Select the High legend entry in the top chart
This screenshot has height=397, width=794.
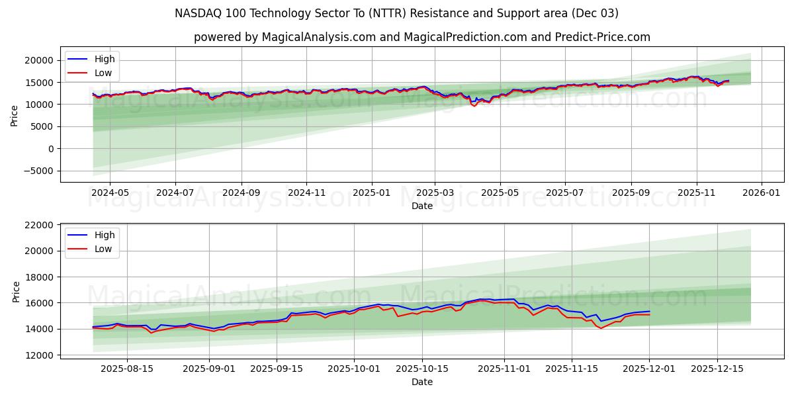coord(105,59)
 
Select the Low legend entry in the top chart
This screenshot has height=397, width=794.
coord(103,73)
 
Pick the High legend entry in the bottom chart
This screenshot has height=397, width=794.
coord(105,235)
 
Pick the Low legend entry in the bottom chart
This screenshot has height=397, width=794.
coord(103,249)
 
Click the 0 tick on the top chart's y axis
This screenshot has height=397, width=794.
coord(51,149)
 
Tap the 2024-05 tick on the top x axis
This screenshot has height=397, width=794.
coord(109,193)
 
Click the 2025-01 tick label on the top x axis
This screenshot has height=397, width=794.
coord(371,193)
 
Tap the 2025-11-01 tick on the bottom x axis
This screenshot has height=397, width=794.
coord(504,369)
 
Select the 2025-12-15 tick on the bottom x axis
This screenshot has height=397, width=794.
coord(717,369)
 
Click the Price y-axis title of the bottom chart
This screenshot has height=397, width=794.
coord(16,291)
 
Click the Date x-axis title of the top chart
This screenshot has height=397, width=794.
coord(421,206)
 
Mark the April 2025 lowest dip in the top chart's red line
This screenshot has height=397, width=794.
coord(474,106)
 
